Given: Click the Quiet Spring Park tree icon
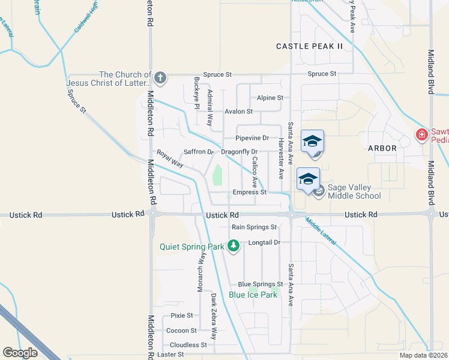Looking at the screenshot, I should [234, 246].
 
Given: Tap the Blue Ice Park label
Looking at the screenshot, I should [253, 295].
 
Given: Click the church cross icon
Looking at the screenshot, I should [160, 77].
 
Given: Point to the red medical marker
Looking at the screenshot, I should [422, 135].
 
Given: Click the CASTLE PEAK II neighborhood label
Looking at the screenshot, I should [309, 46].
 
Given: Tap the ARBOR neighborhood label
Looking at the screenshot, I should [382, 148].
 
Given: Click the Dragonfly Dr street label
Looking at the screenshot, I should [239, 152].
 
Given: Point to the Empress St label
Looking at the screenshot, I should [250, 193].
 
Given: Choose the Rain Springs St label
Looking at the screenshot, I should [254, 227].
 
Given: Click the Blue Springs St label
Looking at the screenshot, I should [260, 284].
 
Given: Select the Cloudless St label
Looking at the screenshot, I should [188, 345].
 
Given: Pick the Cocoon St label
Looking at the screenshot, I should [181, 331].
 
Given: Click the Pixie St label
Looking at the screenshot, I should [181, 315].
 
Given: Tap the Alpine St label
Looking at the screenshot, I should [270, 98].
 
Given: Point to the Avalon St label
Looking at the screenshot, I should [238, 112].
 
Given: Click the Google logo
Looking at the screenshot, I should [20, 352].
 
